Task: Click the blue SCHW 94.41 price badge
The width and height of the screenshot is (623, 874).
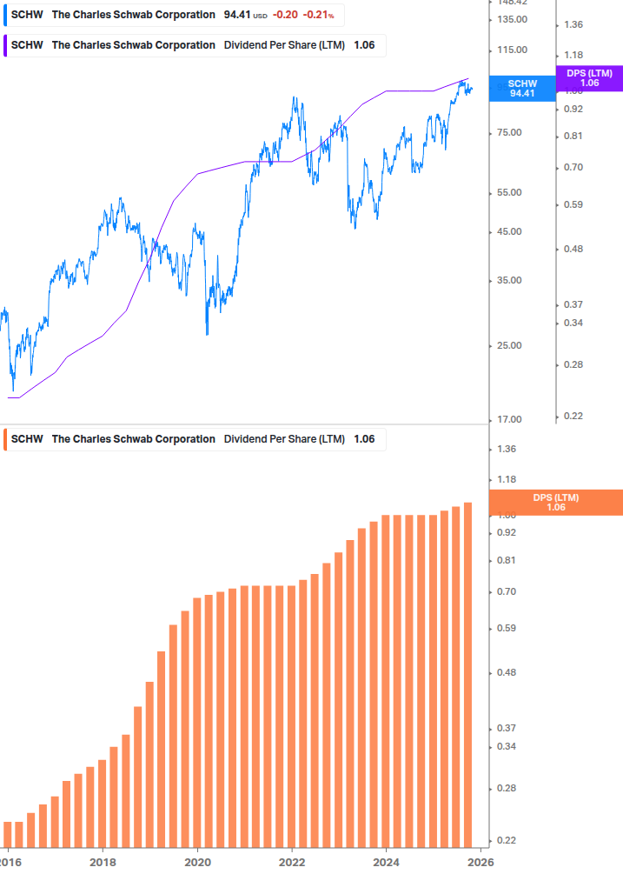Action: tap(522, 89)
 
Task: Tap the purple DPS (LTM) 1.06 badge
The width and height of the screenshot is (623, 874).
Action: tap(588, 78)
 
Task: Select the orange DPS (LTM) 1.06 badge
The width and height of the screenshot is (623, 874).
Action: tap(556, 502)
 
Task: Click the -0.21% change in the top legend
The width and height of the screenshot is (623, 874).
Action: tap(318, 15)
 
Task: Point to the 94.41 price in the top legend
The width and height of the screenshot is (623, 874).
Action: tap(236, 15)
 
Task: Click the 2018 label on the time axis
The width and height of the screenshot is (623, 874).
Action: tap(103, 861)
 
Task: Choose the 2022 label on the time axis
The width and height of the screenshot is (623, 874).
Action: tap(292, 861)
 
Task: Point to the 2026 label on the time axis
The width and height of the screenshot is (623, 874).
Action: tap(481, 861)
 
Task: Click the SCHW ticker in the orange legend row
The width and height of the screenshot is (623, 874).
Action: tap(26, 439)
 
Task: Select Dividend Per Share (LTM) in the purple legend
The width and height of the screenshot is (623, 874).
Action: tap(284, 45)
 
